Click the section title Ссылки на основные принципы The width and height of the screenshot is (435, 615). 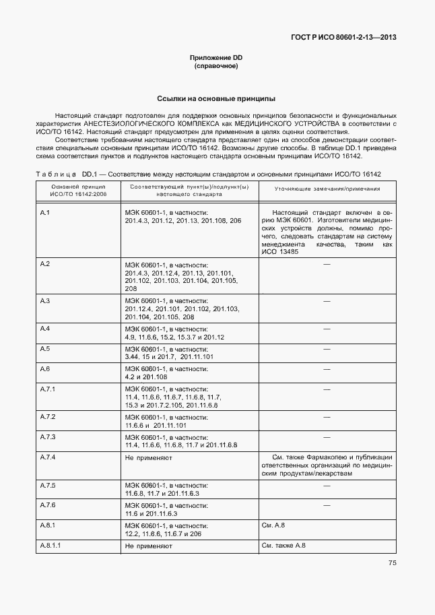tap(215, 98)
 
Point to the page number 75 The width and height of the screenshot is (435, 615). tap(391, 564)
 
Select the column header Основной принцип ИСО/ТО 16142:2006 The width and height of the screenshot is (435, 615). tap(78, 190)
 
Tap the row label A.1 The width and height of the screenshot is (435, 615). tap(46, 212)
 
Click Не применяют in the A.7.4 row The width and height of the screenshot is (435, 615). tap(149, 457)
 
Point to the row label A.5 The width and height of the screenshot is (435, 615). tap(46, 348)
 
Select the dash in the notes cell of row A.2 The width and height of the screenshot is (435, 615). tap(327, 264)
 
